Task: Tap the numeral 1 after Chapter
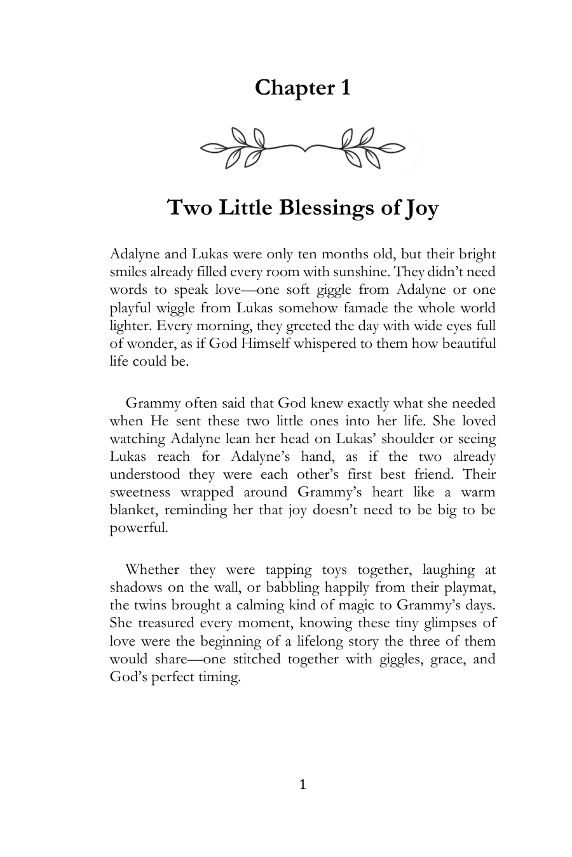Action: tap(344, 88)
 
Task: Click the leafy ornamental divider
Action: tap(303, 148)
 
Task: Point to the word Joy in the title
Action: tap(421, 209)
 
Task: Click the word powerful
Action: tap(139, 528)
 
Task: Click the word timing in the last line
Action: tap(219, 677)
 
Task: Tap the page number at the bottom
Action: tap(303, 785)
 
